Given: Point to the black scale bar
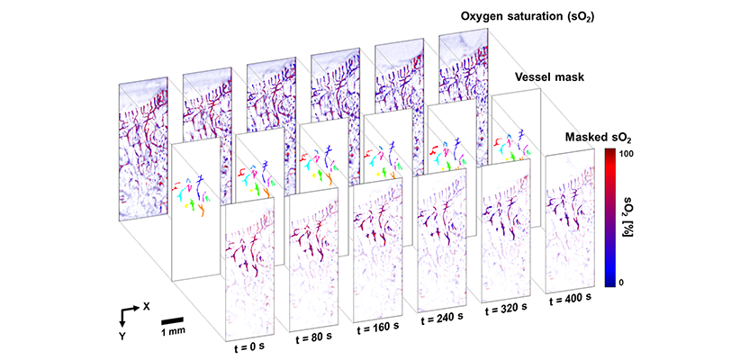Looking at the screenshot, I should pyautogui.click(x=175, y=318).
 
